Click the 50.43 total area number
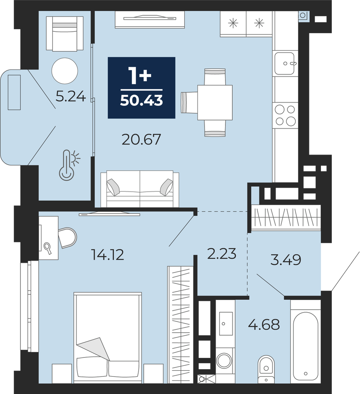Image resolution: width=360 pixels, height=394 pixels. (142, 101)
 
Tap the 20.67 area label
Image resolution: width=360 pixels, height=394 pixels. (141, 140)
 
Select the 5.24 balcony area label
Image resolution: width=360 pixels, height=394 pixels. (71, 96)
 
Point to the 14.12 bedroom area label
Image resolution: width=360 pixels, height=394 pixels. (108, 255)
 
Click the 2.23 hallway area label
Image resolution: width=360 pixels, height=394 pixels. (222, 253)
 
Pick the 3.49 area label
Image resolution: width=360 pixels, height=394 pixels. (286, 260)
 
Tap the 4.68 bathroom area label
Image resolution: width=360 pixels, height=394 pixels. (264, 325)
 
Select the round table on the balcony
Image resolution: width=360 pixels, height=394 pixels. (65, 70)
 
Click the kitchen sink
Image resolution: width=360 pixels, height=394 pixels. (284, 63)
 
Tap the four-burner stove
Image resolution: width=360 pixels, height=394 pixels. (285, 115)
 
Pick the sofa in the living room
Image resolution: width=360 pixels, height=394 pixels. (140, 189)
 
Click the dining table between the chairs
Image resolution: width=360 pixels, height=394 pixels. (215, 103)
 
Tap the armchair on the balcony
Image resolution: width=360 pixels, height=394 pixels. (65, 34)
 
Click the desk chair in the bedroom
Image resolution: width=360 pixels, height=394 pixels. (67, 238)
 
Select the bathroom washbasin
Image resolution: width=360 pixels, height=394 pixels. (226, 324)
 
